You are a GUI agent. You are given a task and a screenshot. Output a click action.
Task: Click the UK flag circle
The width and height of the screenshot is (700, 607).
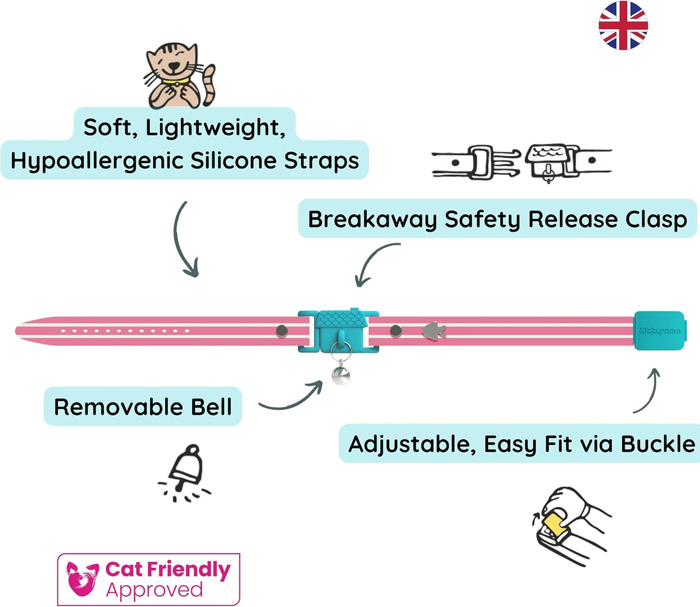(x=623, y=25)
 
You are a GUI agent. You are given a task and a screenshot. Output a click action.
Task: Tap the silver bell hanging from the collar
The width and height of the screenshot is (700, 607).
(x=341, y=375)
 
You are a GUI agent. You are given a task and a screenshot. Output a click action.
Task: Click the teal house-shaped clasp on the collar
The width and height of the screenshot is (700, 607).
(x=338, y=329)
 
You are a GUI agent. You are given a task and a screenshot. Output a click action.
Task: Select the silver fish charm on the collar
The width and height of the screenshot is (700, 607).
(x=433, y=331)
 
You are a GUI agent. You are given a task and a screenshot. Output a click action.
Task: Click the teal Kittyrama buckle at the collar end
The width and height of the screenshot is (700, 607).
(x=659, y=331)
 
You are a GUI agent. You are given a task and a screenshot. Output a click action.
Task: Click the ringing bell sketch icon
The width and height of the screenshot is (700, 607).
(x=185, y=472)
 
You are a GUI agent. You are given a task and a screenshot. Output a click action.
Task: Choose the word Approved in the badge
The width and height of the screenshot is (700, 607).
(x=155, y=591)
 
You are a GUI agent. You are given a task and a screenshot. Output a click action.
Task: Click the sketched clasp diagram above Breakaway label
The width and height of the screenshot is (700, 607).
(x=521, y=162)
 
